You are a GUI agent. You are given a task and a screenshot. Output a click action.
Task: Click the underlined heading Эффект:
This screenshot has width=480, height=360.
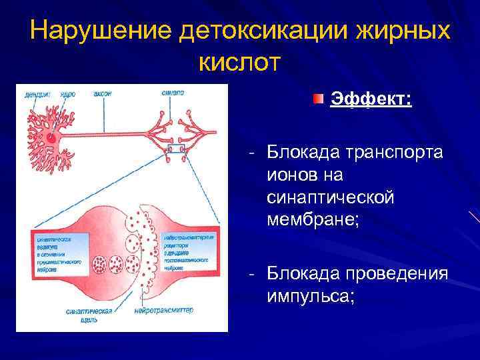[371, 100]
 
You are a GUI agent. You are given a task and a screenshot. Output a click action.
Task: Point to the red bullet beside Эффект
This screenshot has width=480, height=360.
[319, 99]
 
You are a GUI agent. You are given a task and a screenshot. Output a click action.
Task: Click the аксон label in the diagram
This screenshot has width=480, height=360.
[101, 95]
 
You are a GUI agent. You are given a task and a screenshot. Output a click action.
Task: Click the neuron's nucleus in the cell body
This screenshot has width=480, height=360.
[51, 138]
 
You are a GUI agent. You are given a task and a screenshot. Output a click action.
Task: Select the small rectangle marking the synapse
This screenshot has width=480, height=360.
[176, 148]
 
